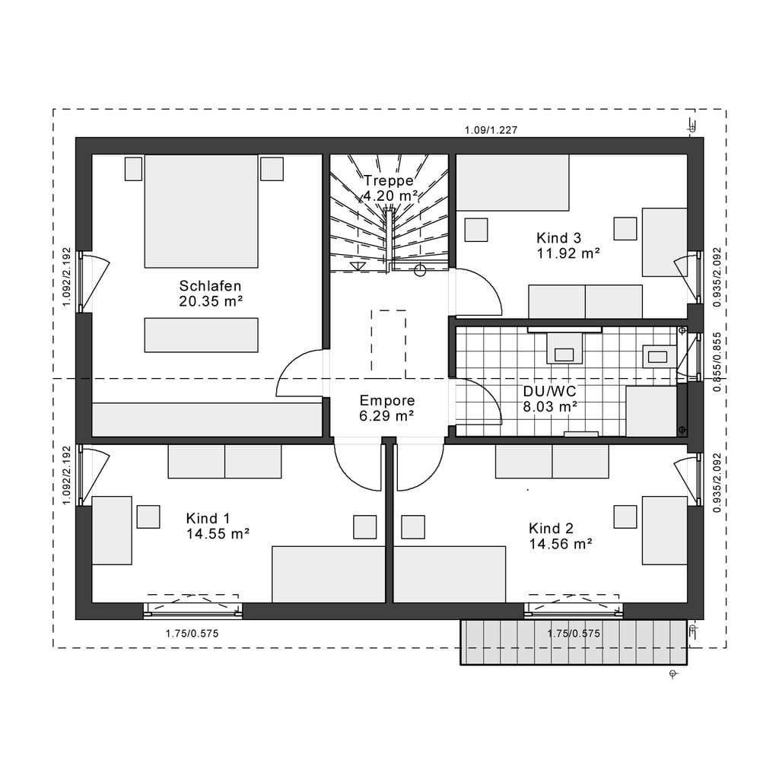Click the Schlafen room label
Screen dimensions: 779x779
pos(210,286)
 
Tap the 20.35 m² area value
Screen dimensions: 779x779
pos(211,301)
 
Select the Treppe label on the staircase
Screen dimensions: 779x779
pos(389,180)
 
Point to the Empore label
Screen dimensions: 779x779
pos(387,400)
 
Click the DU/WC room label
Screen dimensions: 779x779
pos(549,391)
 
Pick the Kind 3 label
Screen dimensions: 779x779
pos(559,238)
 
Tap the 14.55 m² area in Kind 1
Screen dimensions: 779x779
pos(218,534)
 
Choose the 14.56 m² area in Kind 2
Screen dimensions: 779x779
pos(561,544)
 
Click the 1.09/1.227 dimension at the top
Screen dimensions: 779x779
pos(491,130)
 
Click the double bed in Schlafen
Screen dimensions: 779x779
pos(201,211)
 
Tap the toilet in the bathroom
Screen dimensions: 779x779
pos(564,348)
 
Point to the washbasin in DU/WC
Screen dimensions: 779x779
pos(658,356)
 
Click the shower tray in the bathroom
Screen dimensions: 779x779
pos(651,412)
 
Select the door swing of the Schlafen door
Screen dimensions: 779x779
pos(300,373)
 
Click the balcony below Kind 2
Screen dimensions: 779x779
pos(574,642)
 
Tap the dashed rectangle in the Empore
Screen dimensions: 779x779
pos(389,344)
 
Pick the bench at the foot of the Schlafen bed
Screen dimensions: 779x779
pos(201,335)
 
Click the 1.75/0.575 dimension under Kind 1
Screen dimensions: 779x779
pos(192,634)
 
